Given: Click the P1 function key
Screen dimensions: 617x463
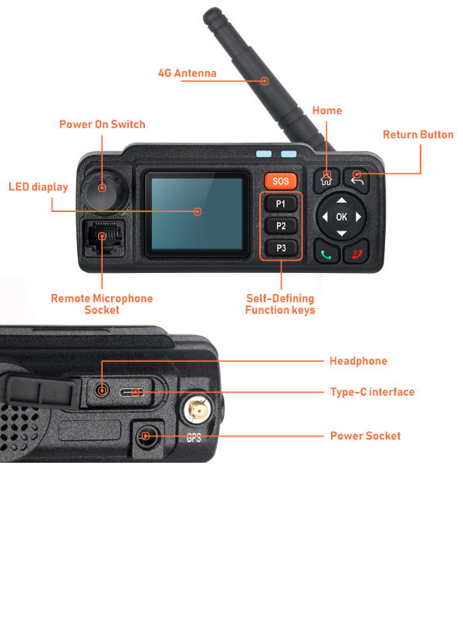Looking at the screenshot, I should coord(281,204).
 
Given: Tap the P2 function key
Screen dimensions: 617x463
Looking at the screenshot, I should coord(281,226).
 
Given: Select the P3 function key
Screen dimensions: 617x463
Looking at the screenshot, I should coord(281,248).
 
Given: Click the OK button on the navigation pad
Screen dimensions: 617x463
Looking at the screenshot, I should coord(341,217).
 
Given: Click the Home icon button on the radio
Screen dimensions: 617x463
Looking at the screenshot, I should coord(326,180).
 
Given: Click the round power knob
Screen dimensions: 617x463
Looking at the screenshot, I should coord(101,187).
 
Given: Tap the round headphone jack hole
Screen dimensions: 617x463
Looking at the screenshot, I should coord(101,391).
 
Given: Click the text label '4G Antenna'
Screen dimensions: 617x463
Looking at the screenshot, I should coord(187,74).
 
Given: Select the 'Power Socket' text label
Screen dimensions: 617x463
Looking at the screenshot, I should coord(365,436).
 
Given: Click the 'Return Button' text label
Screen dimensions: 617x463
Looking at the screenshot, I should coord(418,135).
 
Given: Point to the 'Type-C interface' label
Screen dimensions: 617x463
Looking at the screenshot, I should coord(372,392).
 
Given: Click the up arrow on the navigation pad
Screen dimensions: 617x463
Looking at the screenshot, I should coord(341,200).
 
